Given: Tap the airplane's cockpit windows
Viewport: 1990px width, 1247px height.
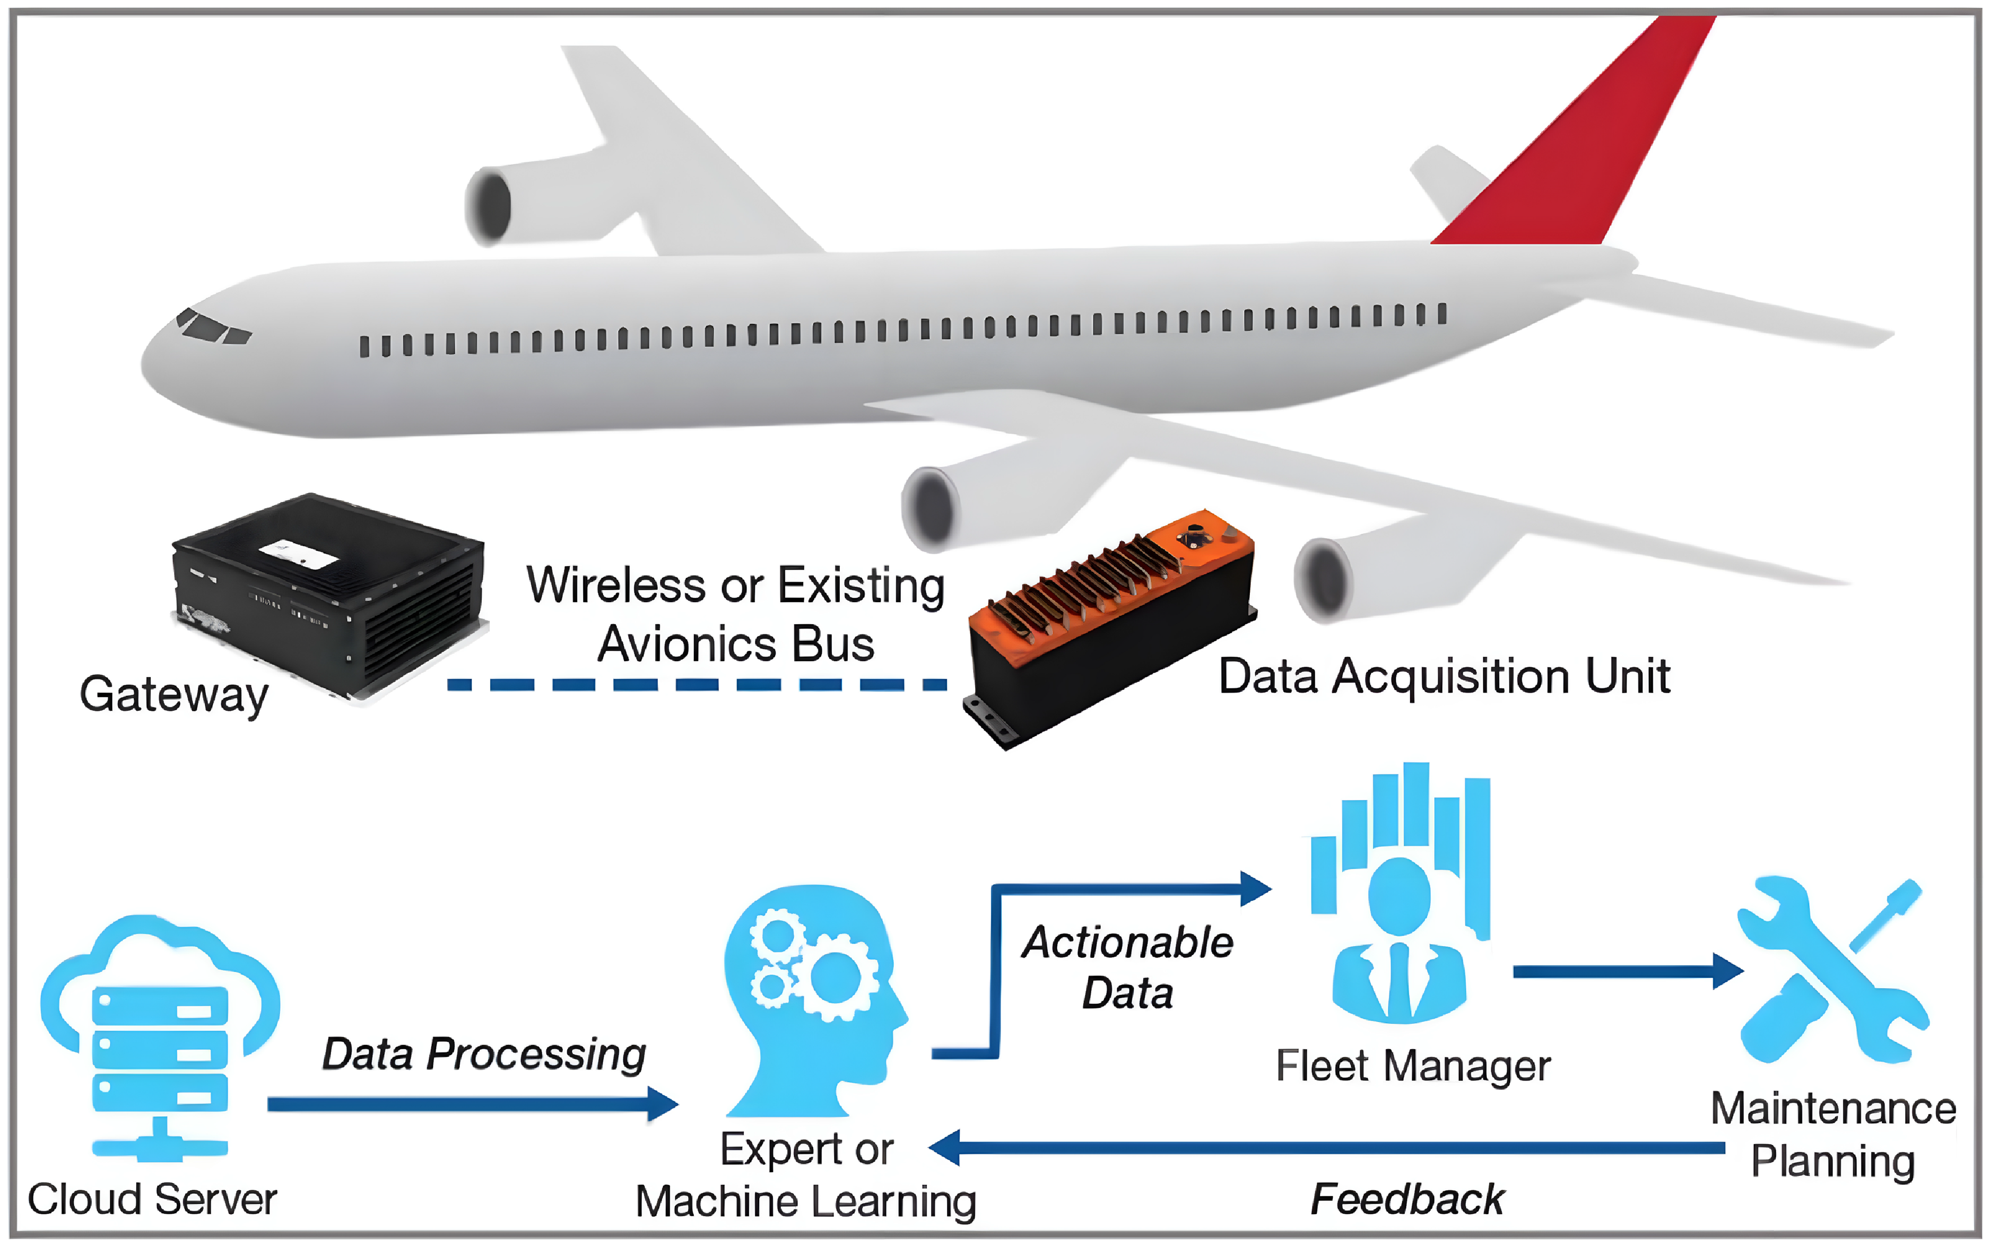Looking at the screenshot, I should pyautogui.click(x=213, y=327).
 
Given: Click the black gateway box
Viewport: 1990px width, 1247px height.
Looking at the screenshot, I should pyautogui.click(x=330, y=594).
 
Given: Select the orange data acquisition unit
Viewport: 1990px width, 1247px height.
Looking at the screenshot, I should pyautogui.click(x=1109, y=627).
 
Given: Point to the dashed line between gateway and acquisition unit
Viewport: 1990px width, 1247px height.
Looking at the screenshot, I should pyautogui.click(x=697, y=685).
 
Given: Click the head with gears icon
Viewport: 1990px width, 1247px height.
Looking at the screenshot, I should pyautogui.click(x=812, y=998).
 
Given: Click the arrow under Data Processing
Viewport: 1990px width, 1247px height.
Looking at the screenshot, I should pyautogui.click(x=470, y=1103).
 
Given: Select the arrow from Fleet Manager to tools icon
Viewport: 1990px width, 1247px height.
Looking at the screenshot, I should pyautogui.click(x=1624, y=972).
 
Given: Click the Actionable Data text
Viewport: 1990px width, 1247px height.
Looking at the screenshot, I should pyautogui.click(x=1127, y=966).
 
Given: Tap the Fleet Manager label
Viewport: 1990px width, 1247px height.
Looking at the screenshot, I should pyautogui.click(x=1413, y=1066).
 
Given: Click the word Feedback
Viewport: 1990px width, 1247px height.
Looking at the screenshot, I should pyautogui.click(x=1407, y=1198).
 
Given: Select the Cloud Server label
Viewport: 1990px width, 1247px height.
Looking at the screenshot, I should pyautogui.click(x=153, y=1198).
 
